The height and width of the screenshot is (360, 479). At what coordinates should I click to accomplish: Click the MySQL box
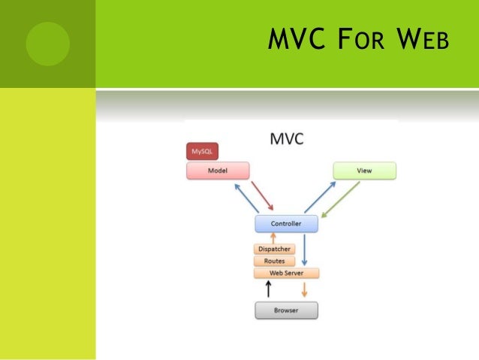(x=202, y=151)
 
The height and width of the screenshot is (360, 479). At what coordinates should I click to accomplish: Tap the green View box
(x=363, y=171)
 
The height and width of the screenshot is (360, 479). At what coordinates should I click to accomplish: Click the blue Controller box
(x=285, y=223)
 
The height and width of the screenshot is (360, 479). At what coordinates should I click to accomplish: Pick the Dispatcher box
(x=274, y=249)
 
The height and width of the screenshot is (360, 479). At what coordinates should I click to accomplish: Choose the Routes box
(x=274, y=261)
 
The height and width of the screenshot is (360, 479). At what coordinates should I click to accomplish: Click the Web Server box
(x=285, y=273)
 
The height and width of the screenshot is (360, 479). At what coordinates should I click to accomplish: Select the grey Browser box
(x=285, y=309)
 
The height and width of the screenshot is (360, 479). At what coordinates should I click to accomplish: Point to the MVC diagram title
(x=286, y=140)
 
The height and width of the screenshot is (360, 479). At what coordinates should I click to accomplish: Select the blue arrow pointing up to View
(x=320, y=196)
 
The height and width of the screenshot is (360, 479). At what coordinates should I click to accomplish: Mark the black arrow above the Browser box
(x=269, y=289)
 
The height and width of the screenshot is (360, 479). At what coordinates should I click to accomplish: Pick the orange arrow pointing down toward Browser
(x=305, y=289)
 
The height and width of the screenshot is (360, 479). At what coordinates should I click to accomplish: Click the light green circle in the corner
(x=47, y=43)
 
